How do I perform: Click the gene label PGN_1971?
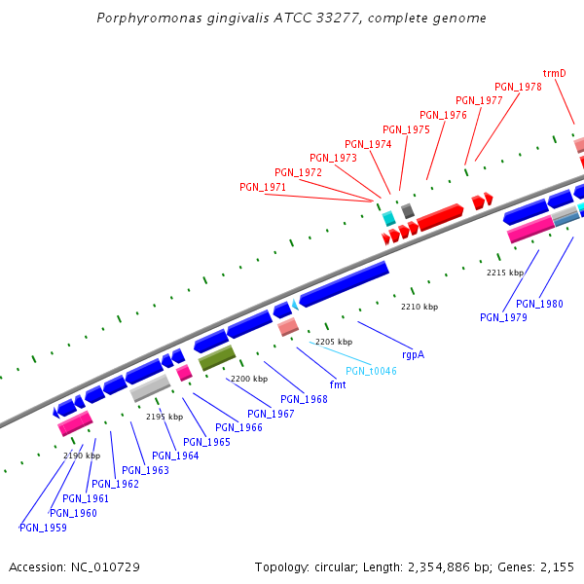[x=263, y=187]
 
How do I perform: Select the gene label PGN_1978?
[x=518, y=88]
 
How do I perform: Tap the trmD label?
[x=555, y=73]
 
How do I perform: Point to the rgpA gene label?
[x=413, y=354]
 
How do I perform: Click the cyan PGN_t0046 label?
[x=371, y=371]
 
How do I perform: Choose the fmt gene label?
[x=339, y=384]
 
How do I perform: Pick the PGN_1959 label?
[x=43, y=528]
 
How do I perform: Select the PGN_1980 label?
[x=539, y=304]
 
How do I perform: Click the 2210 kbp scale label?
[x=420, y=307]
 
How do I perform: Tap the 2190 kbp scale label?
[x=82, y=456]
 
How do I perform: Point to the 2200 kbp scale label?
[x=248, y=379]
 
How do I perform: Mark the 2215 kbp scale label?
[x=505, y=273]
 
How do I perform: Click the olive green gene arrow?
[x=216, y=358]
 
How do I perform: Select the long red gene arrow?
[x=440, y=217]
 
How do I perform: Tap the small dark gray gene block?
[x=408, y=210]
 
